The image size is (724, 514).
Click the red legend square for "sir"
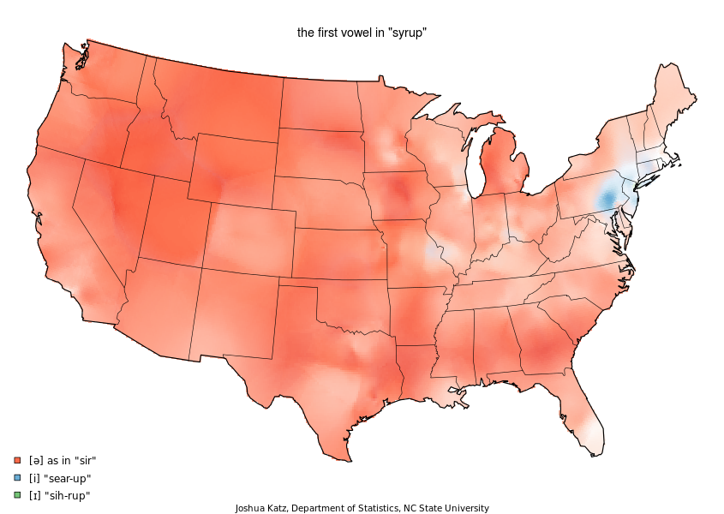pos(18,460)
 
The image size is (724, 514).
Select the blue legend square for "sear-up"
pos(18,477)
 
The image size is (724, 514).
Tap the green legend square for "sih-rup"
pos(18,495)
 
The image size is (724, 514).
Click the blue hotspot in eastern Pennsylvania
pos(607,200)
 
